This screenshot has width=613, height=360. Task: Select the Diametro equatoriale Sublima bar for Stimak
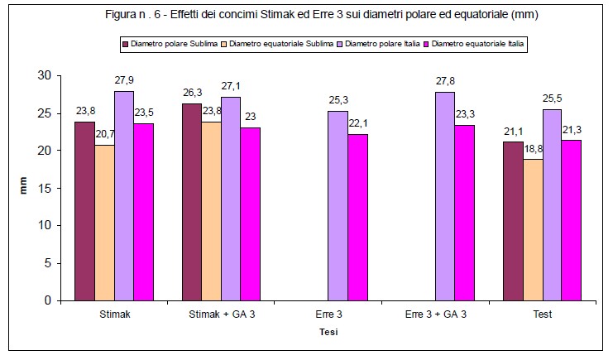104,223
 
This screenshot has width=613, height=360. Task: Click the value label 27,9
124,82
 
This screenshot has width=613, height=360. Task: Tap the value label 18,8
534,150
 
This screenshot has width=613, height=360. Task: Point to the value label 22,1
357,125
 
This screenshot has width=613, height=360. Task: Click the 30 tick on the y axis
45,75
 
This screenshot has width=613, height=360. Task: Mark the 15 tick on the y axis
45,188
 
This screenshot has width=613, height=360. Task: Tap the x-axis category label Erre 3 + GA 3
437,315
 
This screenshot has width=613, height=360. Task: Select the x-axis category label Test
542,315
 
